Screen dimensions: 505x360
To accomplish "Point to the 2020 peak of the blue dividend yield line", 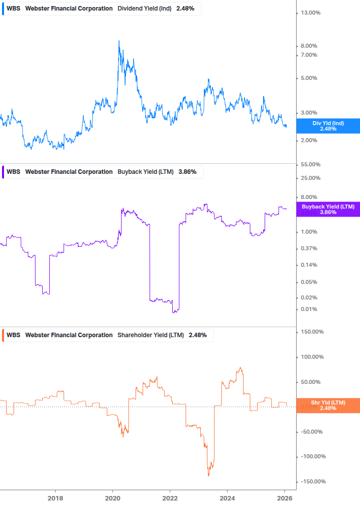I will click(119, 41).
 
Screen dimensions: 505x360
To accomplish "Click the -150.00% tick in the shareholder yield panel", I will click(312, 481).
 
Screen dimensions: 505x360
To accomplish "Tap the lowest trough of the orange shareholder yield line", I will click(208, 475).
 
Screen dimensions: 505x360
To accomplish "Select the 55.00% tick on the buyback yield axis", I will click(310, 165).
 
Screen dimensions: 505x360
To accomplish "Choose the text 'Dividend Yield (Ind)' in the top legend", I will click(145, 9).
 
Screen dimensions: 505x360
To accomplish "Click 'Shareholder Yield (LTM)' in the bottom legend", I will click(151, 335).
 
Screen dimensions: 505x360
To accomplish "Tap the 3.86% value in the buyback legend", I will click(187, 172).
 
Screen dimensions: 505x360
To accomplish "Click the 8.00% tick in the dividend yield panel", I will click(309, 46).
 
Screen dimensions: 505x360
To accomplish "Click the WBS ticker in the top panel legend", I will click(14, 9).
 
